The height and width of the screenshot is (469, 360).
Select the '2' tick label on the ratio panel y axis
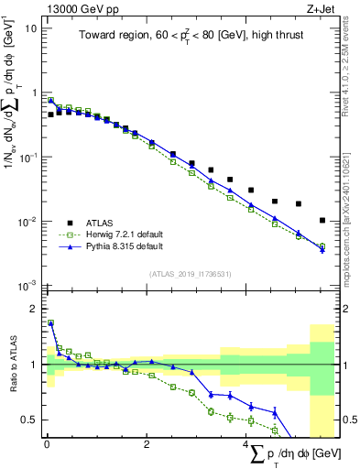tap(34, 309)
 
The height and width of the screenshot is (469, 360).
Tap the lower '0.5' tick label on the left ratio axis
tap(28, 420)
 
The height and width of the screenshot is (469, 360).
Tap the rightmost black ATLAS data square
tap(322, 221)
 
